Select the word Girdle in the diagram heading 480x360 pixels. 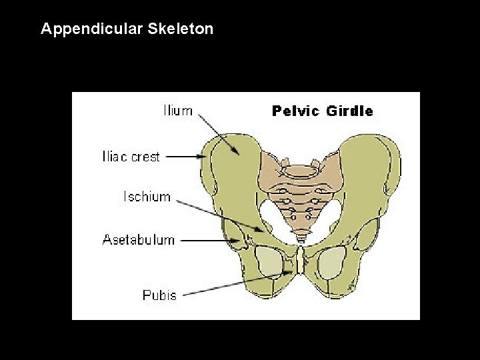pyautogui.click(x=349, y=111)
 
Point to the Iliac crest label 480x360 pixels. pyautogui.click(x=131, y=157)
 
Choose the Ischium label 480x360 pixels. pyautogui.click(x=147, y=197)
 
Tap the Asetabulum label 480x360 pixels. pyautogui.click(x=139, y=239)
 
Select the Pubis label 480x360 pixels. pyautogui.click(x=160, y=294)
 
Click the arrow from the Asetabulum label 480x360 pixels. pyautogui.click(x=206, y=239)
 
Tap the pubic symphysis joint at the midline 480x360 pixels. pyautogui.click(x=302, y=260)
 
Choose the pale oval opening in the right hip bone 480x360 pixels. pyautogui.click(x=331, y=263)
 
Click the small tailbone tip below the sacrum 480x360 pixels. pyautogui.click(x=303, y=235)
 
